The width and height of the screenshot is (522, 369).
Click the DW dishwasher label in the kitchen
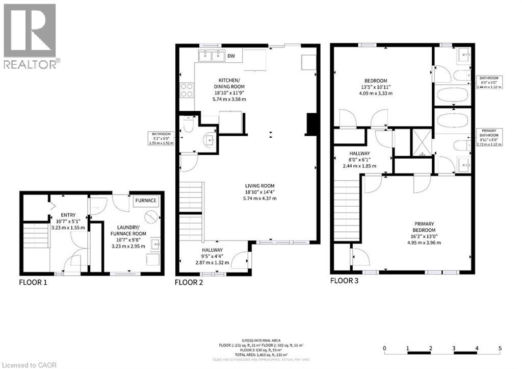click(x=231, y=56)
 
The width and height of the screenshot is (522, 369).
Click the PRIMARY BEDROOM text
click(x=424, y=226)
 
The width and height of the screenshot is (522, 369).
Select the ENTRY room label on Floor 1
click(x=68, y=215)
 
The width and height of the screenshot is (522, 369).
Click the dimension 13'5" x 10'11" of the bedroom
click(x=375, y=87)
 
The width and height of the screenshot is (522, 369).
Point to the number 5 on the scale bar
click(x=500, y=349)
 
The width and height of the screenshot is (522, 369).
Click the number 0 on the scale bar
click(x=385, y=349)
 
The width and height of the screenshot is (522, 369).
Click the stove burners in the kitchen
click(x=187, y=90)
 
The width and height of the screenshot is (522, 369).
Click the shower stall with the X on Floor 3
click(x=422, y=143)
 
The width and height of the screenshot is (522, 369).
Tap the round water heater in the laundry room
click(x=151, y=217)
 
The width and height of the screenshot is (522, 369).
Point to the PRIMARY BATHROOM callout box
click(x=489, y=138)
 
